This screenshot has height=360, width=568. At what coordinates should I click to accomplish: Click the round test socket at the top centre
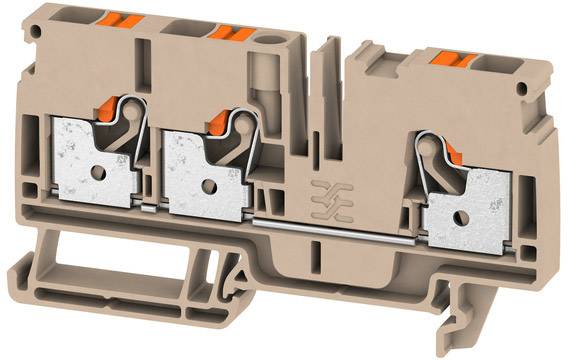click(x=269, y=47)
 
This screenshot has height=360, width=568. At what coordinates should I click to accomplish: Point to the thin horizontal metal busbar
click(x=340, y=227)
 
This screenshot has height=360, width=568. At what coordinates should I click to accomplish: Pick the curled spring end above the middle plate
click(x=242, y=123)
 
